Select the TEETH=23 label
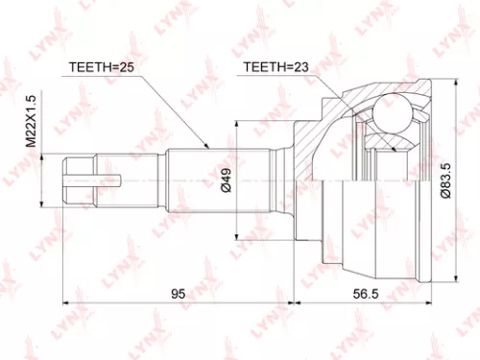276,67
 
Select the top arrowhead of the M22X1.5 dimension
39,156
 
